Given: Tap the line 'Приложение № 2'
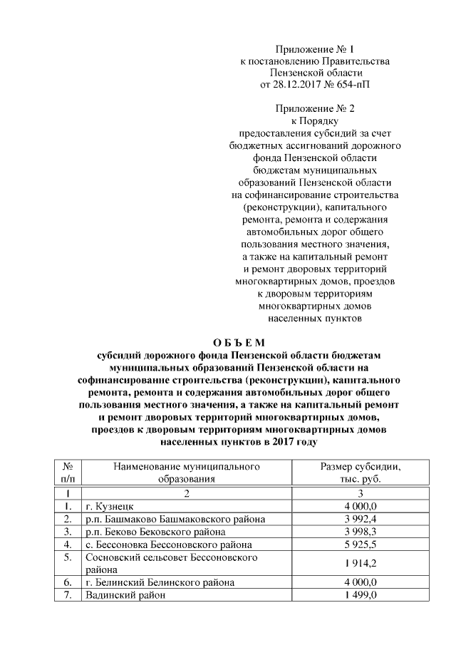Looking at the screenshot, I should pos(315,108).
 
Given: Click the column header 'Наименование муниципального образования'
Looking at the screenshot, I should pos(186,473).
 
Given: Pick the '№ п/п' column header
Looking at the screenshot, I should pos(66,473).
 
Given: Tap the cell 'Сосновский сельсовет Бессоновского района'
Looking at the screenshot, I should pos(170,563).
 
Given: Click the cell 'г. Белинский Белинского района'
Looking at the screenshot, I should pos(159,582).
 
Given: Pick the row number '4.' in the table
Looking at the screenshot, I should pos(66,545).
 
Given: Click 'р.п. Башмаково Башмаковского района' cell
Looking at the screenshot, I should pos(175,519).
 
